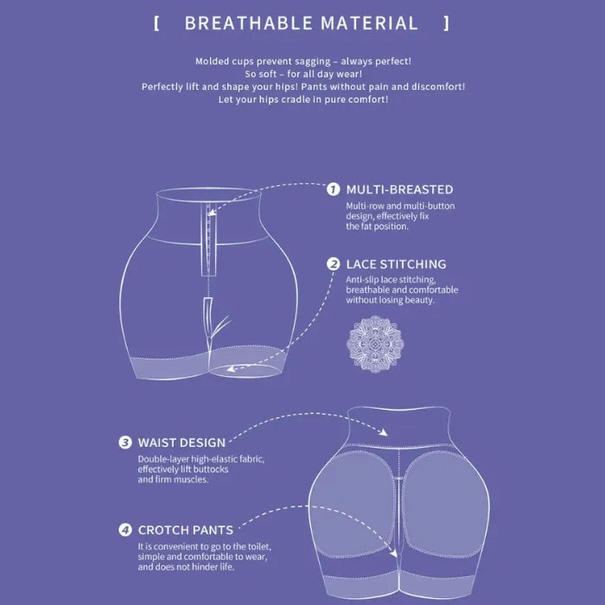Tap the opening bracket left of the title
pos(156,23)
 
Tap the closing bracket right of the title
pos(447,23)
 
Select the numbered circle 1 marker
pos(333,189)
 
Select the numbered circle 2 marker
pos(333,264)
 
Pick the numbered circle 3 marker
pos(124,443)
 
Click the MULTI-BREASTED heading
pos(399,189)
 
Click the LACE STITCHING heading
pos(396,264)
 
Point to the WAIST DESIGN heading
pos(181,443)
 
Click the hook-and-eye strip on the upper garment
pos(208,240)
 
